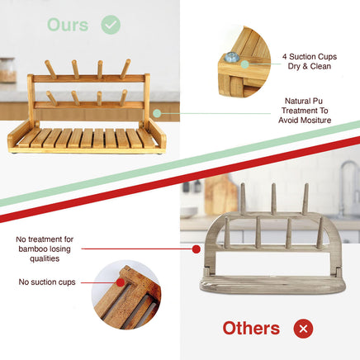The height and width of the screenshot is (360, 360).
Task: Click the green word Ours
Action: point(68,25)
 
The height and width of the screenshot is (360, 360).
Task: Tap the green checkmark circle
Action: point(111,25)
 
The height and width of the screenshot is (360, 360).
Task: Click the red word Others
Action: point(251,329)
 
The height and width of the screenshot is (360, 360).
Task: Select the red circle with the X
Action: point(303,329)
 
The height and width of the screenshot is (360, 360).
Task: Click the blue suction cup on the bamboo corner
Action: point(230,57)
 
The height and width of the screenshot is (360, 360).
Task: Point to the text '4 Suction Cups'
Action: point(310,57)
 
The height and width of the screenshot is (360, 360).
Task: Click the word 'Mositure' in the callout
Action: point(316,121)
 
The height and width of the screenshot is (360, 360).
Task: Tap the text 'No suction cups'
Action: point(47,282)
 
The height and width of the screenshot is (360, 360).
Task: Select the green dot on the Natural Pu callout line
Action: point(157,113)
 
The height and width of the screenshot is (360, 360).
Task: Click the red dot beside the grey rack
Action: point(196,249)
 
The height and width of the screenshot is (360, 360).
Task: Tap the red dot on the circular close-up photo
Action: point(121,282)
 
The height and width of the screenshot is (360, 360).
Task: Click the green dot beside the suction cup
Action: point(244,64)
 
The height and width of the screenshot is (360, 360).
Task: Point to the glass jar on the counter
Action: point(7,70)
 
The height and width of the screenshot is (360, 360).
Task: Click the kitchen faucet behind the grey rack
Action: point(348,187)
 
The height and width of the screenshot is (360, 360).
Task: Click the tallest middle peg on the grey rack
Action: point(273,199)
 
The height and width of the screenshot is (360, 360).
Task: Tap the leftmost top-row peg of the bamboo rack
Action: point(50,69)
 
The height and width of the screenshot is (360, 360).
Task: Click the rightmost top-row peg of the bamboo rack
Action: point(126,69)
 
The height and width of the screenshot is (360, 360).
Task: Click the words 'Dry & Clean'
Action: point(310,66)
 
